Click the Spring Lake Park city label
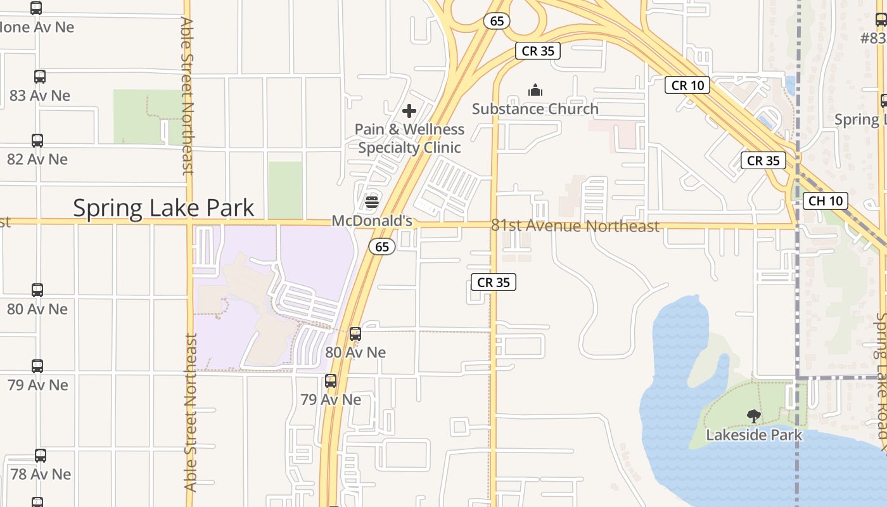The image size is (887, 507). pyautogui.click(x=163, y=208)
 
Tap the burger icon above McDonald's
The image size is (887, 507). pyautogui.click(x=372, y=202)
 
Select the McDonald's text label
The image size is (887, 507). pyautogui.click(x=372, y=221)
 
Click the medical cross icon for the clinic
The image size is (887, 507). pyautogui.click(x=409, y=112)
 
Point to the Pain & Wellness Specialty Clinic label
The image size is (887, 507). pyautogui.click(x=409, y=138)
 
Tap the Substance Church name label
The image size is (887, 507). pyautogui.click(x=535, y=109)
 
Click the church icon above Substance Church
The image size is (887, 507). pyautogui.click(x=535, y=91)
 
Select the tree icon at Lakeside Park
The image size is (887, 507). pyautogui.click(x=753, y=416)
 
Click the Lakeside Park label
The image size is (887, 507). pyautogui.click(x=754, y=435)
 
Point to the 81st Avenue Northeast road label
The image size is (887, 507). pyautogui.click(x=575, y=226)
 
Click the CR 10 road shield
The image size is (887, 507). pyautogui.click(x=687, y=85)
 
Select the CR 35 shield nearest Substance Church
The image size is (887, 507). pyautogui.click(x=538, y=51)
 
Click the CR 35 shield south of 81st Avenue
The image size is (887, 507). pyautogui.click(x=494, y=282)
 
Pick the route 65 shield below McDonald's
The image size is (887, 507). pyautogui.click(x=382, y=247)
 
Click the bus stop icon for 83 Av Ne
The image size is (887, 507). pyautogui.click(x=40, y=77)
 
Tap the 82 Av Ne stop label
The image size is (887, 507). pyautogui.click(x=37, y=159)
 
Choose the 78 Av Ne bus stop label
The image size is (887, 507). pyautogui.click(x=41, y=474)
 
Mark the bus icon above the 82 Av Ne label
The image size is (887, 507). pyautogui.click(x=37, y=141)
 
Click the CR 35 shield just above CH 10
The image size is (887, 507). pyautogui.click(x=763, y=160)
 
